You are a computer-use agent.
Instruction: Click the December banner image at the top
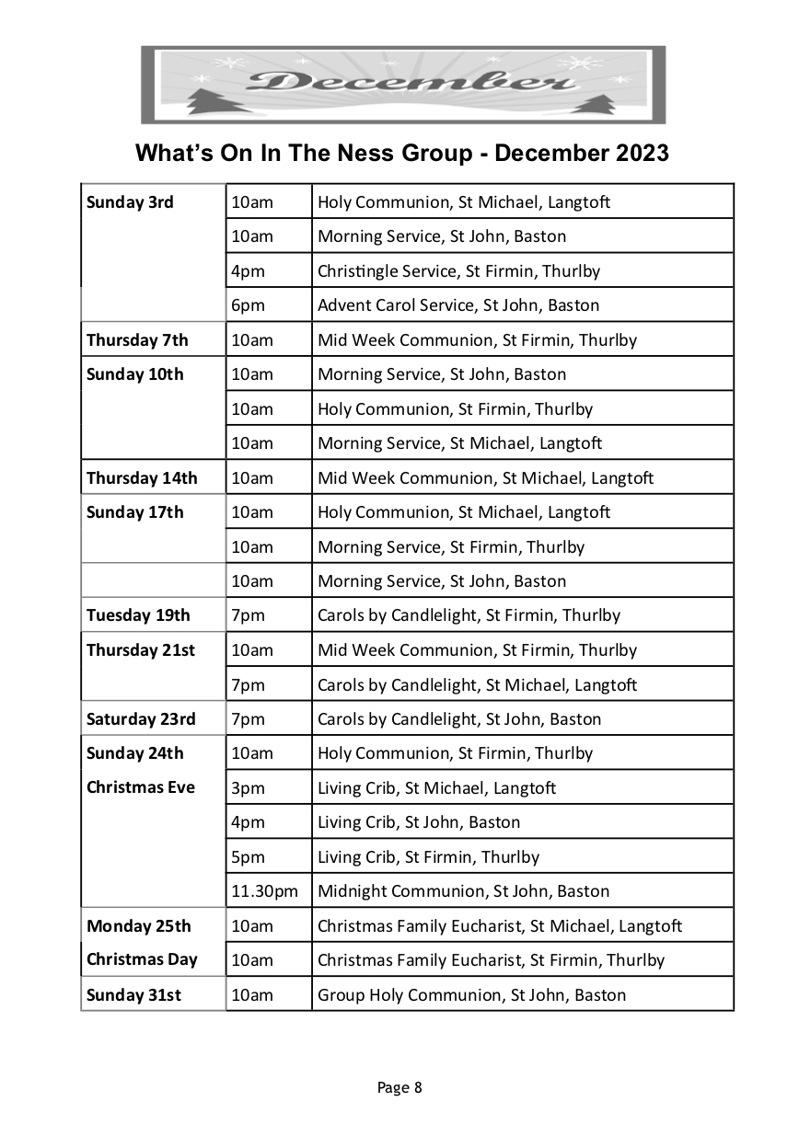(x=402, y=84)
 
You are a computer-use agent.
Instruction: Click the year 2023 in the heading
(x=634, y=153)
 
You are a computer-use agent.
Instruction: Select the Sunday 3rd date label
(x=130, y=202)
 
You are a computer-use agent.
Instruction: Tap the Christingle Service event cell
(x=458, y=271)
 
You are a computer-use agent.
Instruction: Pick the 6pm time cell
(x=248, y=305)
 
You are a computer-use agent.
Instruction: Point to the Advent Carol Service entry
(x=457, y=305)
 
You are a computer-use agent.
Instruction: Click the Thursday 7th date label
(x=137, y=340)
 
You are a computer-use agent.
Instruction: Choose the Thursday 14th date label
(x=142, y=478)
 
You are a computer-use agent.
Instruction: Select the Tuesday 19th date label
(x=138, y=615)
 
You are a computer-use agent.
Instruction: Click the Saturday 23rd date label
(x=141, y=719)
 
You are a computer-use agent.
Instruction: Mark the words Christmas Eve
(x=141, y=787)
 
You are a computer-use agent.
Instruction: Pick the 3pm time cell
(x=248, y=788)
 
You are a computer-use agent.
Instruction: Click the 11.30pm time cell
(x=264, y=891)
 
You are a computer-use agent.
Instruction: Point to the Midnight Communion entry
(x=463, y=891)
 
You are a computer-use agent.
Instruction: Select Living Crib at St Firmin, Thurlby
(x=428, y=857)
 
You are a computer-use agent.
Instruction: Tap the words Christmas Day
(x=142, y=959)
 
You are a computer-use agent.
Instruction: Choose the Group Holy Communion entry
(x=471, y=995)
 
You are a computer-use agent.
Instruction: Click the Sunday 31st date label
(x=133, y=995)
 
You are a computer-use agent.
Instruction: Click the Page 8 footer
(x=399, y=1087)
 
